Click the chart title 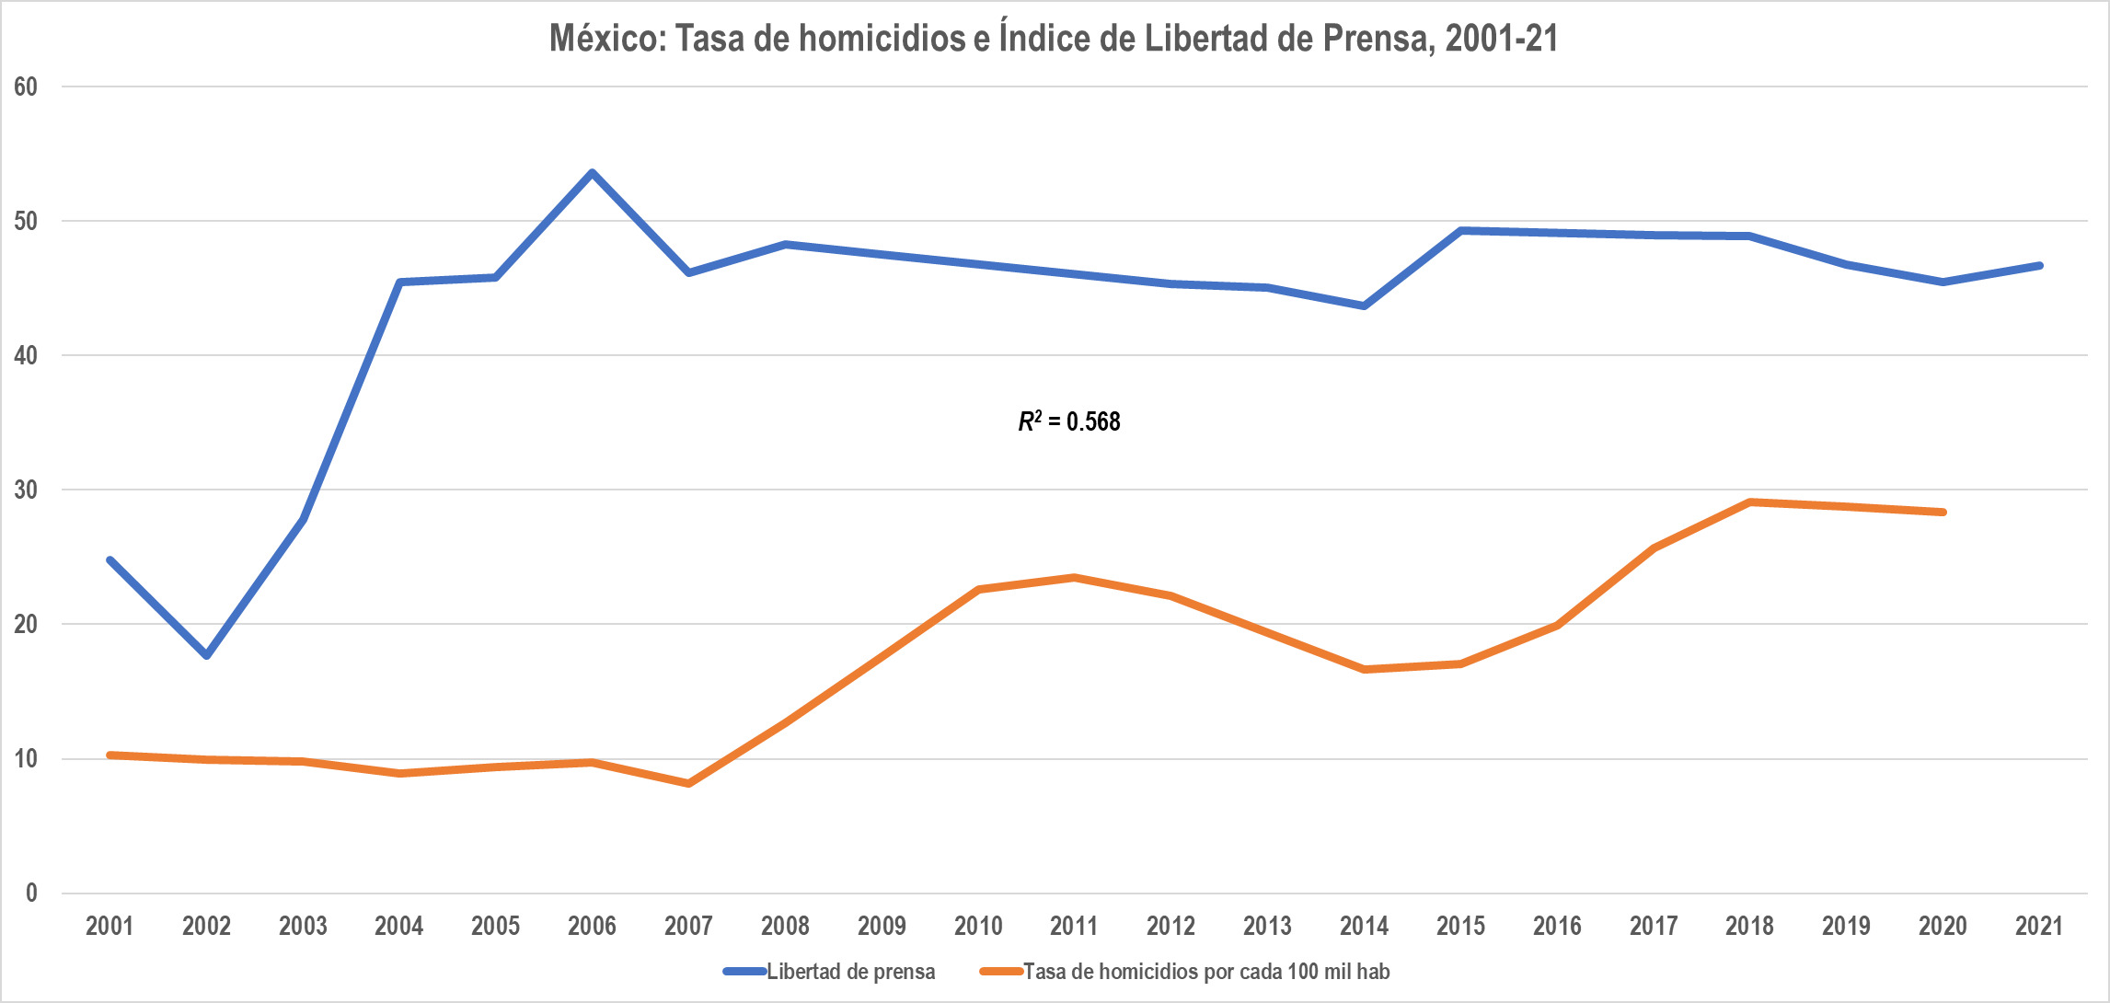point(1054,39)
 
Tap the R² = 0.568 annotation point(1069,421)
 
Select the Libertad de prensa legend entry point(829,972)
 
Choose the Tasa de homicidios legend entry point(1185,972)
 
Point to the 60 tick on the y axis point(26,86)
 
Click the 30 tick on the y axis point(26,490)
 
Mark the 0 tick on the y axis point(31,893)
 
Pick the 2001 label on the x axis point(110,926)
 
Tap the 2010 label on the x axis point(978,926)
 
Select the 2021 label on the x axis point(2039,926)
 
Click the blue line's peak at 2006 point(592,172)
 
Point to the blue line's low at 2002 point(206,655)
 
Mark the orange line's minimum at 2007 point(688,784)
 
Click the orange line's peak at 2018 point(1750,502)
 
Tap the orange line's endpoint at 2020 point(1943,513)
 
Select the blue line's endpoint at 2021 point(2039,266)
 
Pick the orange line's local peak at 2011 point(1074,578)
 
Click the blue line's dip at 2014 point(1364,306)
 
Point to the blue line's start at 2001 point(110,559)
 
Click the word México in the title point(607,39)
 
